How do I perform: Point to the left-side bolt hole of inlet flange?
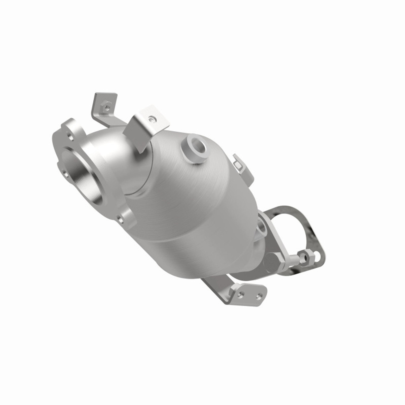(65, 173)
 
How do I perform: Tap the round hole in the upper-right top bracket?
(153, 119)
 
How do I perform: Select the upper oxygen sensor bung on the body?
(194, 147)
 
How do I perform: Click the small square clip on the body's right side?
(238, 163)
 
